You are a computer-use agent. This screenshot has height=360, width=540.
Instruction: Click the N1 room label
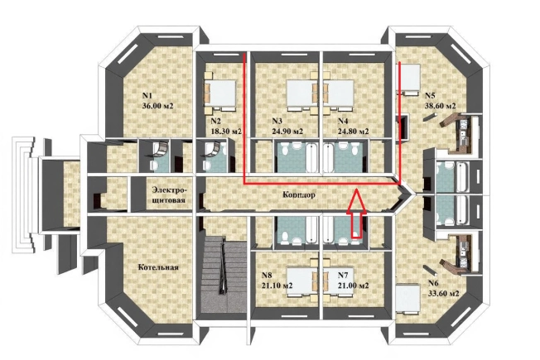coord(147,95)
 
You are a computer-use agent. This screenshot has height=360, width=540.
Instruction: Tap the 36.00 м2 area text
coord(157,106)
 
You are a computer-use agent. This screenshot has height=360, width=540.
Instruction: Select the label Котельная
coord(158,267)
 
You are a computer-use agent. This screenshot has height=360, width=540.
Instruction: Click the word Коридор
coord(299,194)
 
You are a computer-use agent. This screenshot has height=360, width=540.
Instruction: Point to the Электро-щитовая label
coord(170,194)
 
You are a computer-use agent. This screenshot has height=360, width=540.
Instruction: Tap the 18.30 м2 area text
coord(226,132)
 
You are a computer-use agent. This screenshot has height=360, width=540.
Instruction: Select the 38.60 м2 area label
coord(441,106)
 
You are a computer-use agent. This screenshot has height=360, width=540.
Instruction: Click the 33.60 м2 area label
coord(444,294)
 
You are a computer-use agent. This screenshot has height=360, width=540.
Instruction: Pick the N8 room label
coord(267,276)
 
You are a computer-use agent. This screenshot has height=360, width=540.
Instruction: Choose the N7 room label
coord(343,276)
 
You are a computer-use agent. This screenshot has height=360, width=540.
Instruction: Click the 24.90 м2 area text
coord(288,132)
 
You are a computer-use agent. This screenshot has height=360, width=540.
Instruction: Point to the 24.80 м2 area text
coord(354,132)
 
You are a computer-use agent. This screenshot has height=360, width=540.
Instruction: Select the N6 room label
coord(433,283)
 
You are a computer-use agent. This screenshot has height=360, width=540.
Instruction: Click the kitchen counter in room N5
coord(456,134)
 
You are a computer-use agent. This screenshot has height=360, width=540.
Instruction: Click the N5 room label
coord(431,95)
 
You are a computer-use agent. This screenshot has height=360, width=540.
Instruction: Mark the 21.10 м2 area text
coord(277,286)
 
